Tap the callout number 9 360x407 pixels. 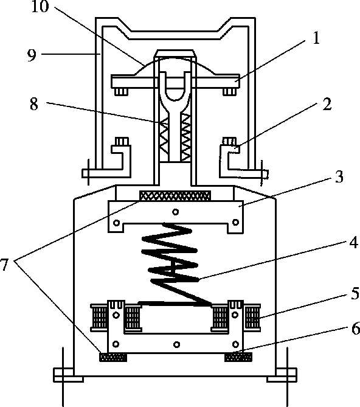click(x=32, y=55)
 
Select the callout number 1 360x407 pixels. click(x=316, y=38)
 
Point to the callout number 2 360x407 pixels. click(x=327, y=105)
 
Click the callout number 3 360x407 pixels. click(x=339, y=177)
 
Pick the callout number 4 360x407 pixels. click(x=354, y=243)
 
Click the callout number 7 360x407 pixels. click(x=4, y=265)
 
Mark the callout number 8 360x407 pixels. click(x=34, y=105)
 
